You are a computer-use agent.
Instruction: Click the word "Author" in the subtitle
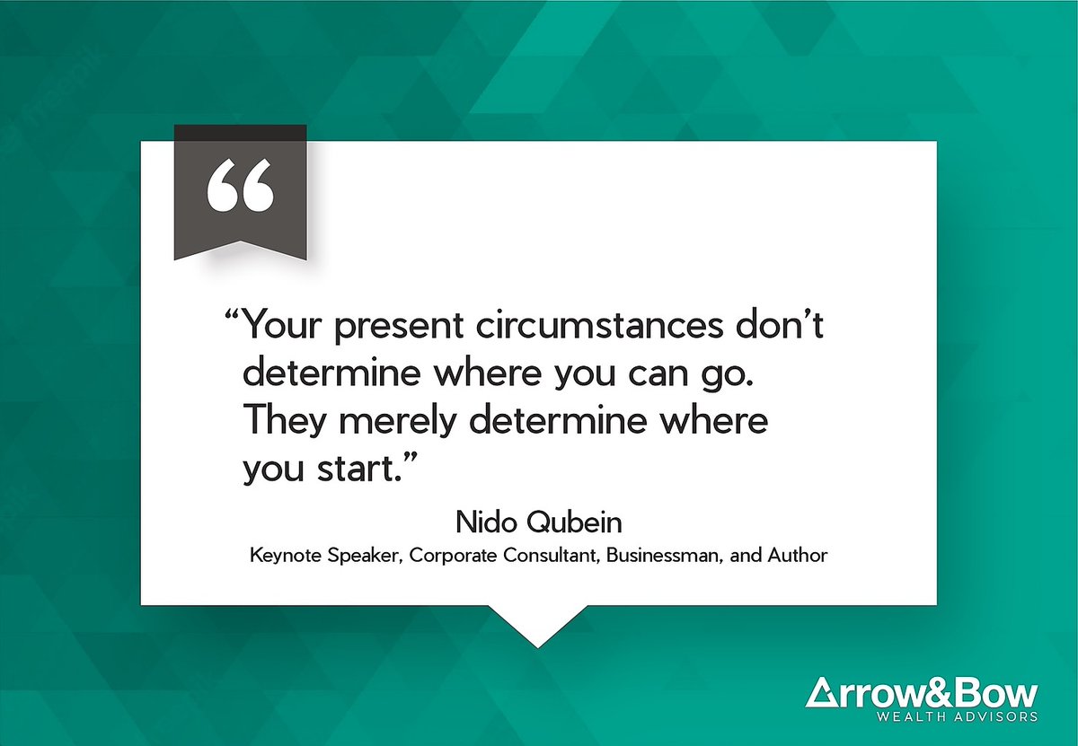(x=797, y=556)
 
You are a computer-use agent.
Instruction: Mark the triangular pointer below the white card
(x=538, y=625)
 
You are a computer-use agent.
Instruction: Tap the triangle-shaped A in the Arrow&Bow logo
(x=823, y=693)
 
